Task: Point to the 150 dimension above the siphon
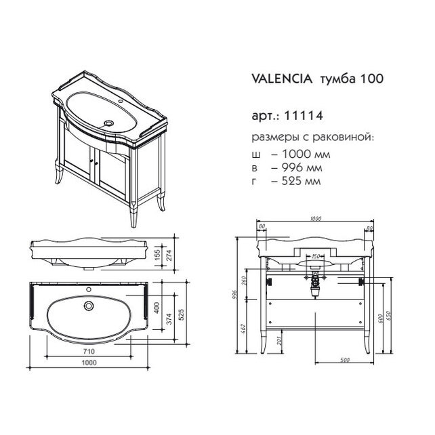(314, 257)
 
